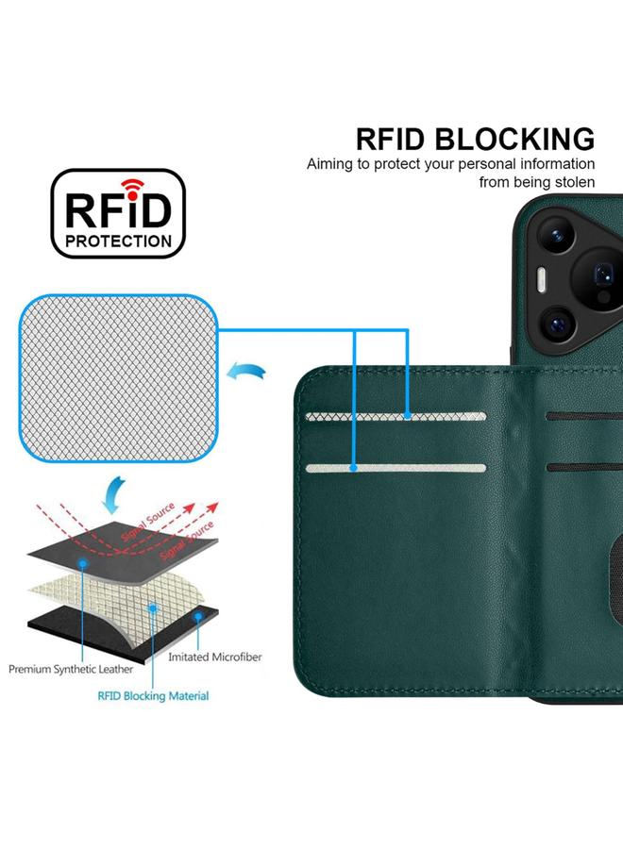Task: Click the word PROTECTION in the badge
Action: click(x=118, y=241)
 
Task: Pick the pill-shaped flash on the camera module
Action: click(x=542, y=280)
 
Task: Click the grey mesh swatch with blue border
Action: click(x=118, y=377)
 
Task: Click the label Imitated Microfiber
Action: click(x=214, y=657)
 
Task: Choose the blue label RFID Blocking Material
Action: click(x=153, y=696)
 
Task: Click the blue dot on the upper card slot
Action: click(x=408, y=415)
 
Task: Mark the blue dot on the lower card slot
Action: click(x=354, y=468)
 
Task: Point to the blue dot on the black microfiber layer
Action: click(x=198, y=615)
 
